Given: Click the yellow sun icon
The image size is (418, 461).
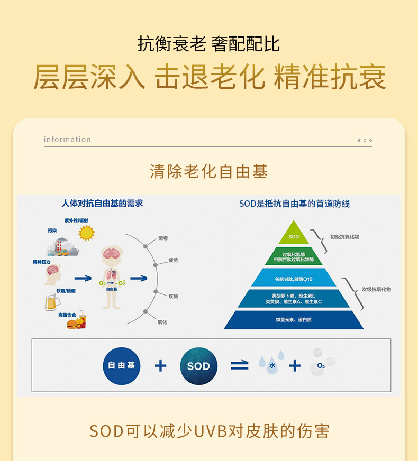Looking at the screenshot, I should (x=86, y=233).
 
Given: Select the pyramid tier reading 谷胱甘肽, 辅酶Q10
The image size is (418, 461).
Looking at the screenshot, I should (x=294, y=279).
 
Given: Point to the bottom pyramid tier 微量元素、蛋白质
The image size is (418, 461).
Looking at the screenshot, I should (x=294, y=320).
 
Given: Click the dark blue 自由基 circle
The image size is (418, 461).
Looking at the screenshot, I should (x=122, y=365).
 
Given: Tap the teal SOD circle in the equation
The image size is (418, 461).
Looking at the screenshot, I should (x=198, y=366).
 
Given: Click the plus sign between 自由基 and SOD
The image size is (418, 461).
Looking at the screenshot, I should (x=160, y=365).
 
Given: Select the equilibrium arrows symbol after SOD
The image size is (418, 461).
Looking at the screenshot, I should (x=239, y=365).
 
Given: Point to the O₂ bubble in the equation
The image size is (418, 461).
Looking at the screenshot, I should (x=321, y=365).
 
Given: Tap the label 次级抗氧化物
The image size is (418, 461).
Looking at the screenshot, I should (x=376, y=289).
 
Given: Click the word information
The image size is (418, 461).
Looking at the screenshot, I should (x=67, y=140).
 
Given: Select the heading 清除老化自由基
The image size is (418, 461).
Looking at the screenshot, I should (x=208, y=171).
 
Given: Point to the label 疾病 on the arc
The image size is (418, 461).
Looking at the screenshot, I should (x=173, y=296).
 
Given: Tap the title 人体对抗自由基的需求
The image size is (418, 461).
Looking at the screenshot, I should (x=102, y=203).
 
